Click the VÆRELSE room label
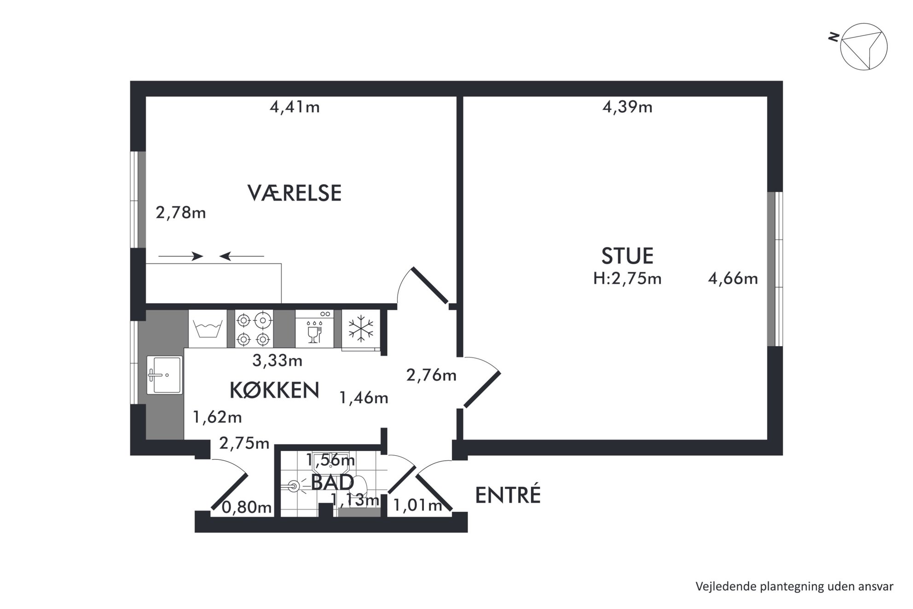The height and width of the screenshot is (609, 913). point(295,193)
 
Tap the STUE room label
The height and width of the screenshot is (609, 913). point(627,256)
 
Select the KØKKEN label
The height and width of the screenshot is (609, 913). point(274,390)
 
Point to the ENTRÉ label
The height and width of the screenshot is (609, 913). point(508,495)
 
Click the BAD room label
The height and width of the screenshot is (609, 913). point(332,482)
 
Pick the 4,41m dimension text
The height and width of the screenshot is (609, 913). point(295,107)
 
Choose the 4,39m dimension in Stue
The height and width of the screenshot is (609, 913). point(627,107)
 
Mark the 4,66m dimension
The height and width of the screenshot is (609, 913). point(733,278)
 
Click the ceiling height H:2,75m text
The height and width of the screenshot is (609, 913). point(627,278)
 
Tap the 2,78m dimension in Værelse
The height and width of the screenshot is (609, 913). point(181,213)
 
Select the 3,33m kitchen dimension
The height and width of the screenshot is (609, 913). point(277,360)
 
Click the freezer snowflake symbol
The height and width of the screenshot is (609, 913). point(361,329)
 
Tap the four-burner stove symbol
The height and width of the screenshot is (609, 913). point(253,329)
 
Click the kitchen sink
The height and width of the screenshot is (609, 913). point(165,375)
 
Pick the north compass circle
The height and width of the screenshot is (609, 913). point(864,46)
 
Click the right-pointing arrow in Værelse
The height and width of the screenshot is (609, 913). point(180,256)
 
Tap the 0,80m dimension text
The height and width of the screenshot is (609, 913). point(247,507)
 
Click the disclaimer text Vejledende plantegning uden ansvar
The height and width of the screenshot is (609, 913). point(794,586)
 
